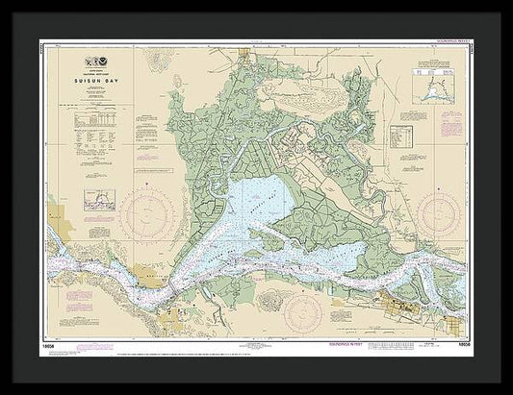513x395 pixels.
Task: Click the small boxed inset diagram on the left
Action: (99, 200)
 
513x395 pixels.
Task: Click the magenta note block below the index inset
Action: (438, 115)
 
